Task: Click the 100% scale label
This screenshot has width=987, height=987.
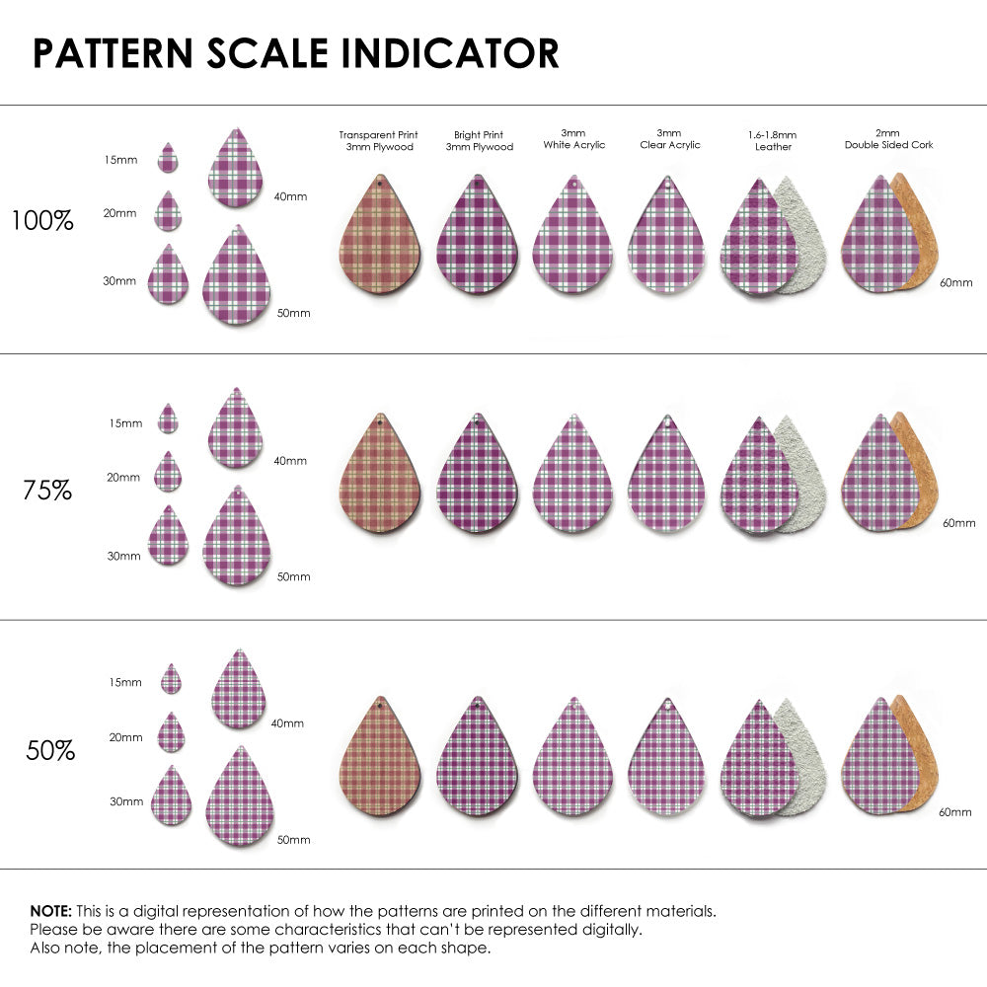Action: pyautogui.click(x=42, y=220)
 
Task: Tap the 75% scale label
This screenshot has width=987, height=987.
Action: pyautogui.click(x=47, y=489)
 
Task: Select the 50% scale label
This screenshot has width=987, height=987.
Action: pyautogui.click(x=50, y=751)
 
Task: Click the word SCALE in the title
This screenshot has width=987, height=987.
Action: pyautogui.click(x=266, y=53)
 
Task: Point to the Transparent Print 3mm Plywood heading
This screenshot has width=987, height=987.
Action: pyautogui.click(x=378, y=140)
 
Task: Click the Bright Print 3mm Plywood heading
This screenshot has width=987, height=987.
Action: pyautogui.click(x=479, y=140)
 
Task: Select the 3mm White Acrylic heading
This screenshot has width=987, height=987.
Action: pyautogui.click(x=573, y=138)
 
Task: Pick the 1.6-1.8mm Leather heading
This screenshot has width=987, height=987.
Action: pyautogui.click(x=772, y=140)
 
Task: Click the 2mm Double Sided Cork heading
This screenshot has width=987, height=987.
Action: pyautogui.click(x=888, y=138)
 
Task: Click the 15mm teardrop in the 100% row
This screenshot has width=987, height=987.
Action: pyautogui.click(x=168, y=159)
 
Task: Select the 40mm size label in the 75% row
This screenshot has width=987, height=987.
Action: pyautogui.click(x=290, y=461)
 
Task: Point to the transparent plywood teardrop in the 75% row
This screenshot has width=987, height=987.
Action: pyautogui.click(x=380, y=476)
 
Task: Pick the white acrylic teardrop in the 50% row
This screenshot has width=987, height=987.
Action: pyautogui.click(x=572, y=760)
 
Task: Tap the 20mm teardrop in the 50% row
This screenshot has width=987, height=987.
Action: pyautogui.click(x=172, y=733)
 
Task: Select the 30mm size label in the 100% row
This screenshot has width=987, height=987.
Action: pyautogui.click(x=119, y=281)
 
